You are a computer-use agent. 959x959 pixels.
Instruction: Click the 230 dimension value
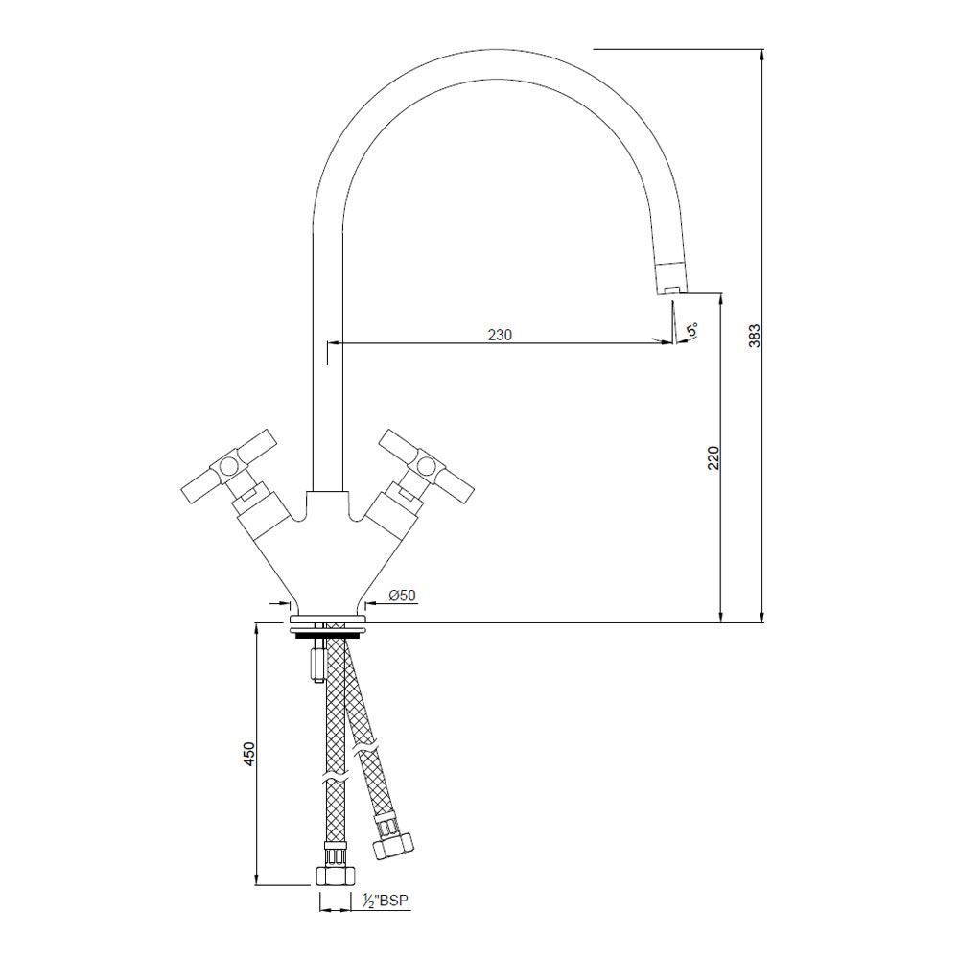[x=500, y=334]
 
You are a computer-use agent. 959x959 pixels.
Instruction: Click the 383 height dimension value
[x=754, y=335]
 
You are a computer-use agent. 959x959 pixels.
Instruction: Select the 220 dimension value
[x=713, y=457]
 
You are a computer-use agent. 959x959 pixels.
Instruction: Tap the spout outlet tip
[x=671, y=286]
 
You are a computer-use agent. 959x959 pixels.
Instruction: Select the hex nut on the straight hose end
[x=334, y=875]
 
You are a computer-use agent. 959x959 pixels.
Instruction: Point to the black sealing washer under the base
[x=326, y=634]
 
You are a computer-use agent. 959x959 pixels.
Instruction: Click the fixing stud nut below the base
[x=316, y=665]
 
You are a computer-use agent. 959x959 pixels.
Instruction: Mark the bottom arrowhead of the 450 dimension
[x=257, y=884]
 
